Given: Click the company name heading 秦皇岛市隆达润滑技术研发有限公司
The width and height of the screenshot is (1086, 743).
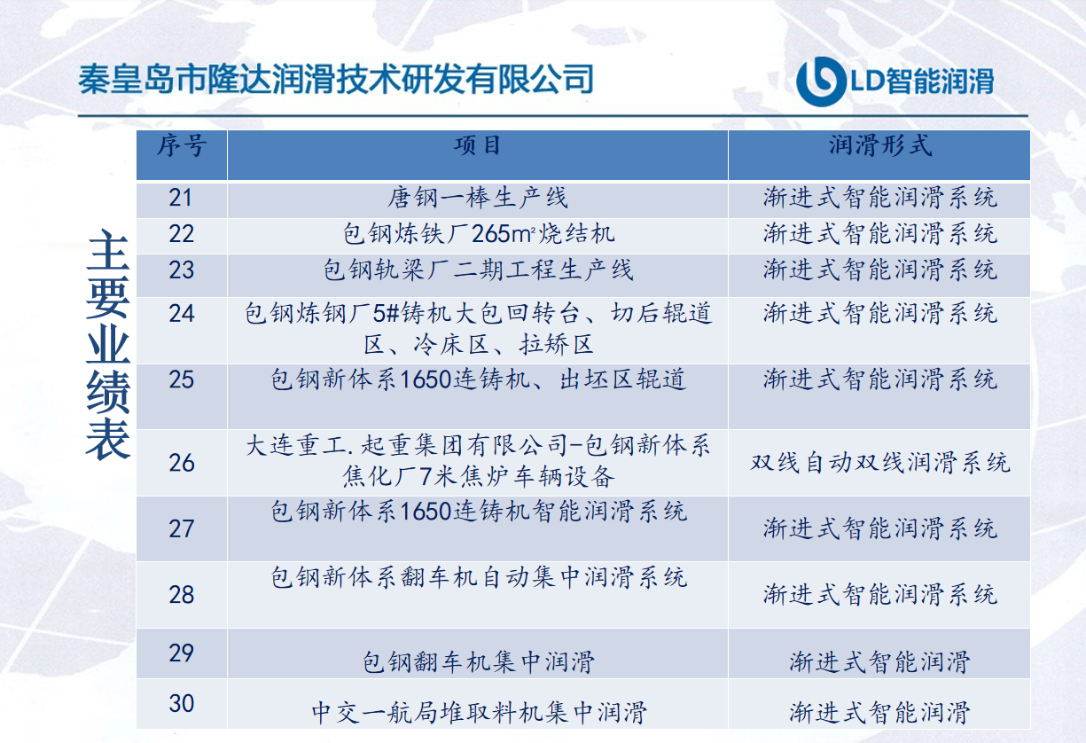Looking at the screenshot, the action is tap(336, 79).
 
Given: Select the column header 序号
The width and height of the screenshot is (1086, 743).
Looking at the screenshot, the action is tap(182, 145).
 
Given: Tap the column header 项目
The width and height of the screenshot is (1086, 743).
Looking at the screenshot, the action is tap(477, 145).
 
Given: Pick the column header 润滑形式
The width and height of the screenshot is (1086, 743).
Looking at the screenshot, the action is tap(879, 145).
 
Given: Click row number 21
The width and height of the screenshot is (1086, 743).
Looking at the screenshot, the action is tap(180, 198).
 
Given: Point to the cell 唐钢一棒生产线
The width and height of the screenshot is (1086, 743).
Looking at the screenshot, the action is tap(477, 198).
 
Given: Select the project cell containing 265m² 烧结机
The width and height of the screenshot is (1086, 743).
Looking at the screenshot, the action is tap(479, 234).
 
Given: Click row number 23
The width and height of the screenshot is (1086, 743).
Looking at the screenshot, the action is tap(182, 270).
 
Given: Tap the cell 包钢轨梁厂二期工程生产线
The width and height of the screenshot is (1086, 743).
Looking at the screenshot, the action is tap(478, 270).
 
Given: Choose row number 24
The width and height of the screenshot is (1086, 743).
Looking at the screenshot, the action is tap(182, 313).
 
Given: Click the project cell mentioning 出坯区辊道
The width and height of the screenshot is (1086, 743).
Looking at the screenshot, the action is tap(478, 379).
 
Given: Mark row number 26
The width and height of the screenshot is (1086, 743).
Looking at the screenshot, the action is tap(182, 463).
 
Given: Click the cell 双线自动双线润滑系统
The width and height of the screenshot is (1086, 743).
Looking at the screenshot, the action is tap(880, 463).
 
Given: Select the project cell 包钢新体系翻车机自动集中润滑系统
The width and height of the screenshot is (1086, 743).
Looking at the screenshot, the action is tap(479, 577).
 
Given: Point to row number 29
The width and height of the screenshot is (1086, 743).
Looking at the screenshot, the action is tap(182, 653).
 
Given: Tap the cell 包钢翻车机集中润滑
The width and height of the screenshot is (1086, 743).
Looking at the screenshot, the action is tap(479, 662).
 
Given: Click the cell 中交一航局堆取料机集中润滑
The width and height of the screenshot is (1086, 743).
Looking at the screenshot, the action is tap(479, 713).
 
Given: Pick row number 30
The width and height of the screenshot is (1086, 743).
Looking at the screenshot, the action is tap(182, 703).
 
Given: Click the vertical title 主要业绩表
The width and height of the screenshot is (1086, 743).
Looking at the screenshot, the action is tap(108, 345).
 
